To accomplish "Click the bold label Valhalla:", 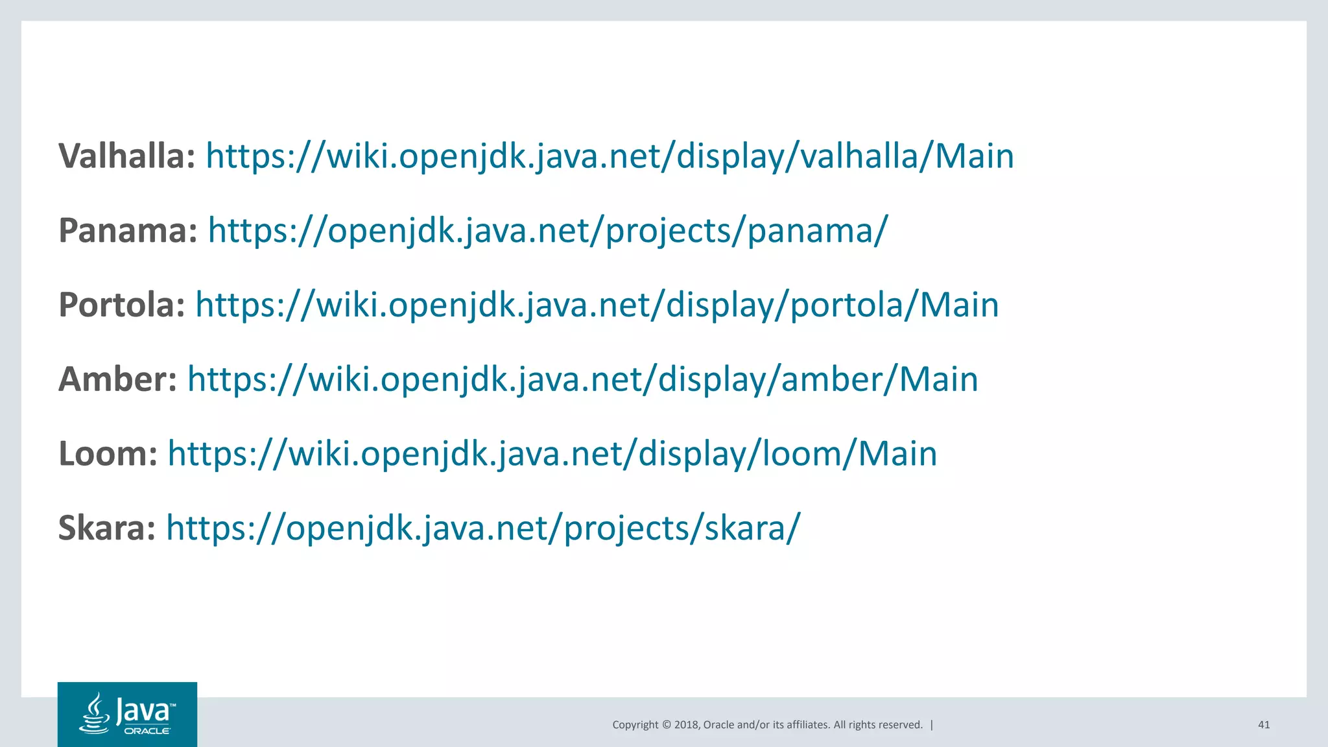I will pos(127,156).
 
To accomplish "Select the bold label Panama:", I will pos(128,231).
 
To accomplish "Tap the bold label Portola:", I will pos(122,305).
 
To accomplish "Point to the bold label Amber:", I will pos(117,379).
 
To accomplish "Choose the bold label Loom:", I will pos(108,454).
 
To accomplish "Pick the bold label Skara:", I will pos(107,528).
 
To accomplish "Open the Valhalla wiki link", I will pos(610,156).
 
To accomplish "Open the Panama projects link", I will pos(547,231).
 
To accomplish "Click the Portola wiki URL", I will pos(597,305).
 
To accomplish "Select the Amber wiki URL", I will pos(582,379).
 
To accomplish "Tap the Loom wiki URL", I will pos(552,454).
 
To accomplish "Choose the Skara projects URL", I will pos(483,528).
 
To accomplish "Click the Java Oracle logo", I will pos(127,714).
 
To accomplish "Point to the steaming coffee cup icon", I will pos(95,714).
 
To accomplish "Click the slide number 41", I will pos(1264,725).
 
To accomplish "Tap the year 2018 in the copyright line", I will pos(686,725).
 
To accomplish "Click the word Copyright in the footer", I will pos(635,725).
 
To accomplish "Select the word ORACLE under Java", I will pos(147,731).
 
